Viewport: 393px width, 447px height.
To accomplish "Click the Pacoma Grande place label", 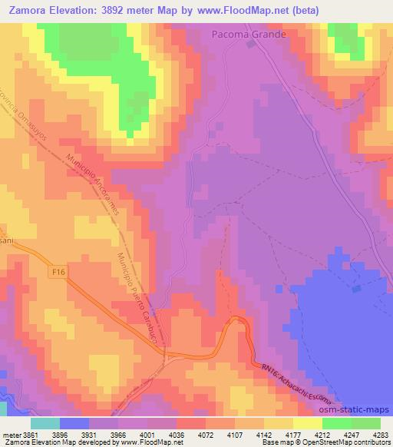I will pos(249,35).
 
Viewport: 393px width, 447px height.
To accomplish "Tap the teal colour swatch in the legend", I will pos(45,423).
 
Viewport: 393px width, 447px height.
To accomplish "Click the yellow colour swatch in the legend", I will pos(307,423).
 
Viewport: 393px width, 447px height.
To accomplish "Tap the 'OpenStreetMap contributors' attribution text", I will pos(350,442).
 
